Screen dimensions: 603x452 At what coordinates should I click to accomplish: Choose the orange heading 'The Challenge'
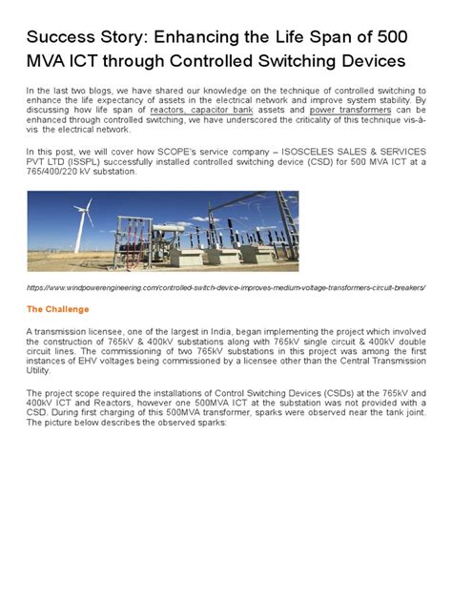coord(57,309)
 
